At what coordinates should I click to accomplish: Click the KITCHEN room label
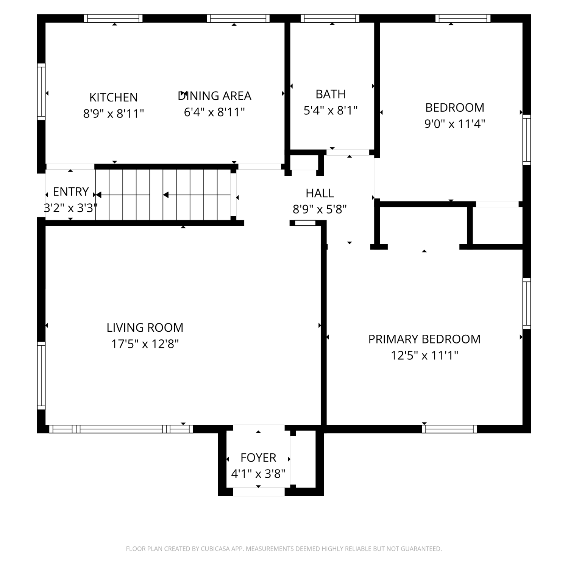[114, 97]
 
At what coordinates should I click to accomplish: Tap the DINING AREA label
[215, 96]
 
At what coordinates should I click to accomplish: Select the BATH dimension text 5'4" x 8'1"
[331, 110]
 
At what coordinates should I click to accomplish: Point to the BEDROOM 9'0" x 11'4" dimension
[455, 124]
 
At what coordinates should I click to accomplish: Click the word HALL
[320, 193]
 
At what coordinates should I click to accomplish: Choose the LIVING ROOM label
[145, 328]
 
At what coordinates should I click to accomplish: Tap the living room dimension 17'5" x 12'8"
[145, 344]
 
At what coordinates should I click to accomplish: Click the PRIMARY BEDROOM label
[424, 339]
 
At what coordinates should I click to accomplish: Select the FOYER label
[258, 458]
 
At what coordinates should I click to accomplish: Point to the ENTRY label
[71, 192]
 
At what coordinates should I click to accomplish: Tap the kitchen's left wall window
[41, 92]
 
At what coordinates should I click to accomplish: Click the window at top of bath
[330, 18]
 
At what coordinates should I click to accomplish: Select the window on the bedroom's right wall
[526, 140]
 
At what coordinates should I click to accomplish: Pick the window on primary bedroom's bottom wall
[449, 429]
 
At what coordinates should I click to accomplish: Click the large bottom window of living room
[121, 429]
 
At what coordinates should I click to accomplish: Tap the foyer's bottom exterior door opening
[259, 492]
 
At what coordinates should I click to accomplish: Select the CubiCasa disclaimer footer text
[284, 549]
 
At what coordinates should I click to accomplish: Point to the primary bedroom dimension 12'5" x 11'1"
[424, 356]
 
